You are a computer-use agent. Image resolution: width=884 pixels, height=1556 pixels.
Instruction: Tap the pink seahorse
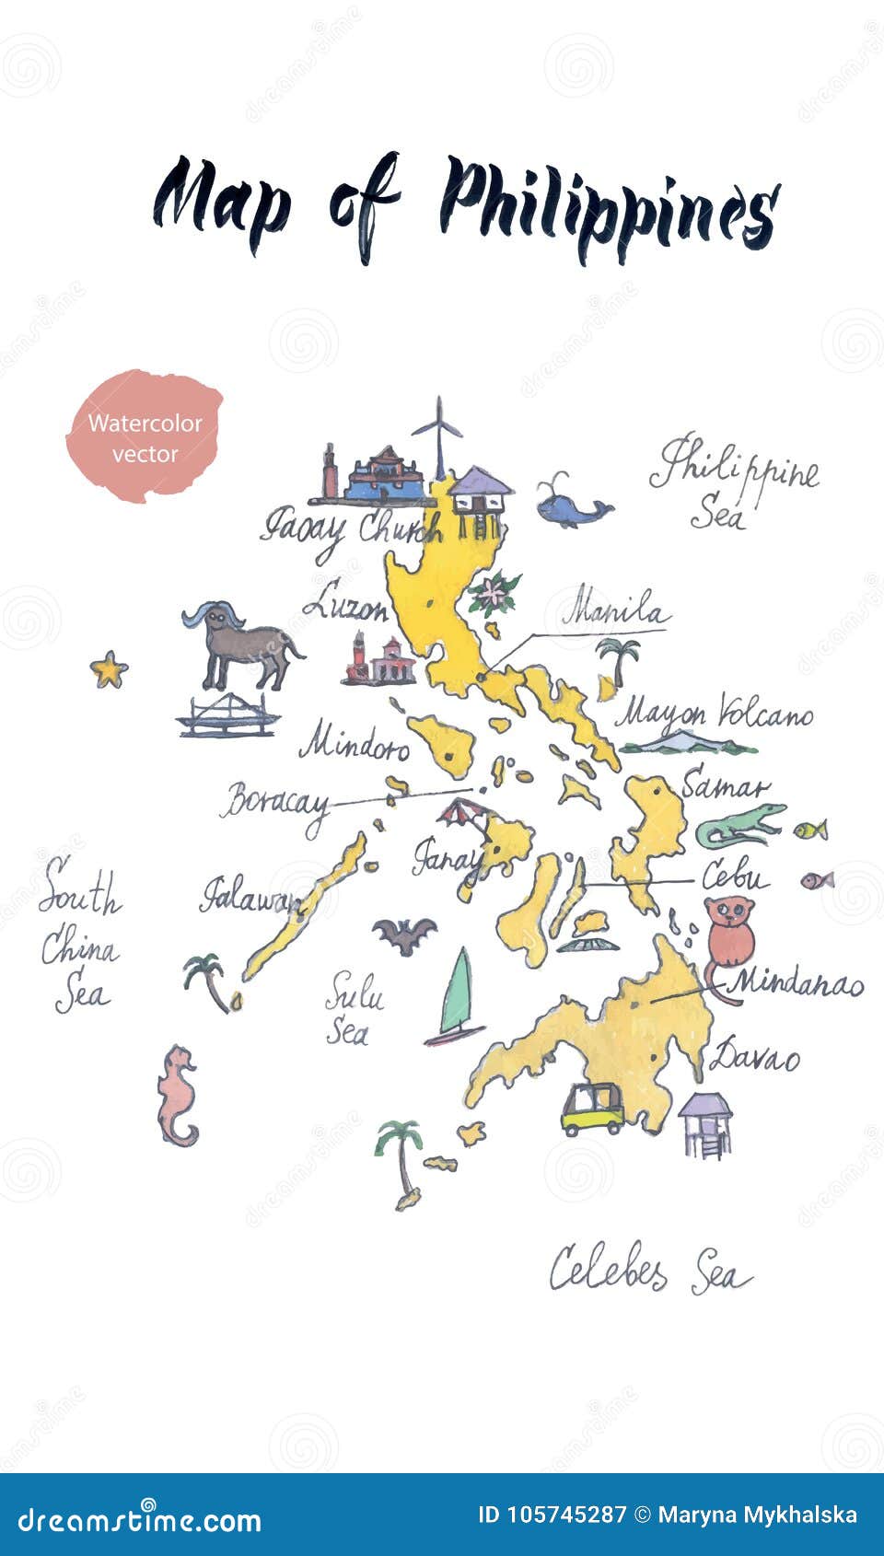coord(177,1096)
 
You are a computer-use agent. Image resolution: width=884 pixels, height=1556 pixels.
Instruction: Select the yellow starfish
coord(108,669)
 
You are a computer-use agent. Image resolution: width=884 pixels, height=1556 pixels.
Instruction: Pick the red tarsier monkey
coord(728,935)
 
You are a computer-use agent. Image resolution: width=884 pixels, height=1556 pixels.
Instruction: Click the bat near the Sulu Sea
coord(403,935)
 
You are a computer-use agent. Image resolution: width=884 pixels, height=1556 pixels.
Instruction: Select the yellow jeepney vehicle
coord(592,1109)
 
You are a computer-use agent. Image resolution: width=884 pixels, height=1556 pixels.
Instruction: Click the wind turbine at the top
coord(439,437)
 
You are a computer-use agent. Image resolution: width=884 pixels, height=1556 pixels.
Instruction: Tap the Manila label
coord(615,610)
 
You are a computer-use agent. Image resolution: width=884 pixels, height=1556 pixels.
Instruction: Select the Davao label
coord(757,1056)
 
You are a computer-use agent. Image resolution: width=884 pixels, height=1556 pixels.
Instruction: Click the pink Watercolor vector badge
coord(145,437)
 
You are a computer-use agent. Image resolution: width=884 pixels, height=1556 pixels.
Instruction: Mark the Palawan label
coord(249,897)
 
